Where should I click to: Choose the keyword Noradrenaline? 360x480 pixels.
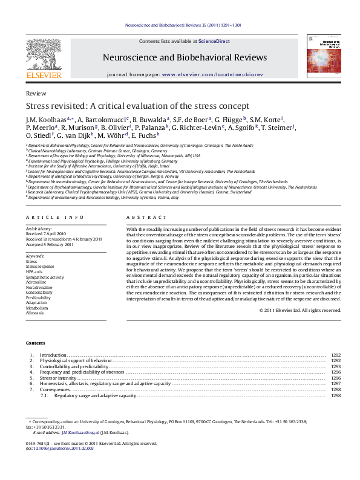[39, 287]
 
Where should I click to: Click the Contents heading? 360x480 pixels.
[35, 343]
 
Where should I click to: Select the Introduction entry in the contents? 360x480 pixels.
[53, 355]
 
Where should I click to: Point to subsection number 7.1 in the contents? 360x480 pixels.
[44, 395]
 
